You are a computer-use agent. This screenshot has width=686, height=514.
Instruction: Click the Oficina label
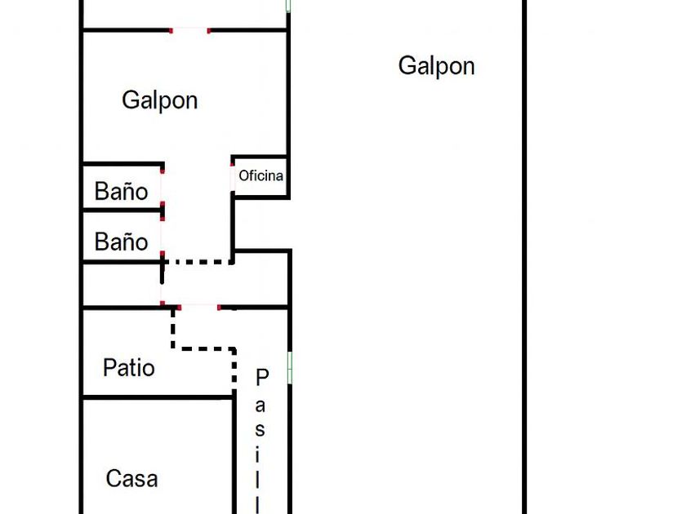[x=261, y=175]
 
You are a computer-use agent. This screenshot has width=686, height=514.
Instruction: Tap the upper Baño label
[x=122, y=191]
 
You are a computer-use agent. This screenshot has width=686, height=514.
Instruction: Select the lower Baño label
[x=122, y=241]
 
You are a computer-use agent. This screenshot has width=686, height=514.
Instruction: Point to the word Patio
[x=129, y=368]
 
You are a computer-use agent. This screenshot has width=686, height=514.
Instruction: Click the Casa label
[x=131, y=478]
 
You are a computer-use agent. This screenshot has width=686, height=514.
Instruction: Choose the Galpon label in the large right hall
[x=436, y=66]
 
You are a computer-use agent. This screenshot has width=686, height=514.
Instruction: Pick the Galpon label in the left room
[x=160, y=100]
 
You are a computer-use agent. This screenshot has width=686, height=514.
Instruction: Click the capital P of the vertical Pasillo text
[x=262, y=377]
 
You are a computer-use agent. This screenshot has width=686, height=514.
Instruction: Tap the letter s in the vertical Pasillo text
[x=261, y=429]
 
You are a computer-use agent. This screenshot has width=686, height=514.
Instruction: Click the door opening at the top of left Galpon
[x=189, y=30]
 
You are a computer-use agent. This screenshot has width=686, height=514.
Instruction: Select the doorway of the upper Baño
[x=163, y=188]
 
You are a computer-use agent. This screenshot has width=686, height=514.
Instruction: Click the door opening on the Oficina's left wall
[x=233, y=175]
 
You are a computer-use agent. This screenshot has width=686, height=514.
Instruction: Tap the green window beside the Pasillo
[x=290, y=367]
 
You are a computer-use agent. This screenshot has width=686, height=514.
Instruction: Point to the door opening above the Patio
[x=198, y=307]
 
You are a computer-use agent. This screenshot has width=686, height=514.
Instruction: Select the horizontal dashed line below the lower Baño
[x=198, y=262]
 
